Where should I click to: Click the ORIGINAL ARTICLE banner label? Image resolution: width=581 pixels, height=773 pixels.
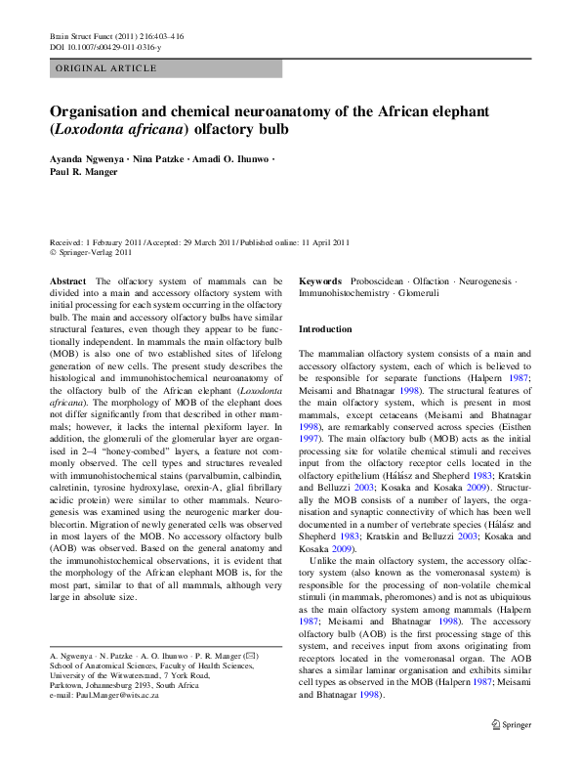[106, 68]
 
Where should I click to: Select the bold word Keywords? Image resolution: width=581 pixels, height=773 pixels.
[319, 280]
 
